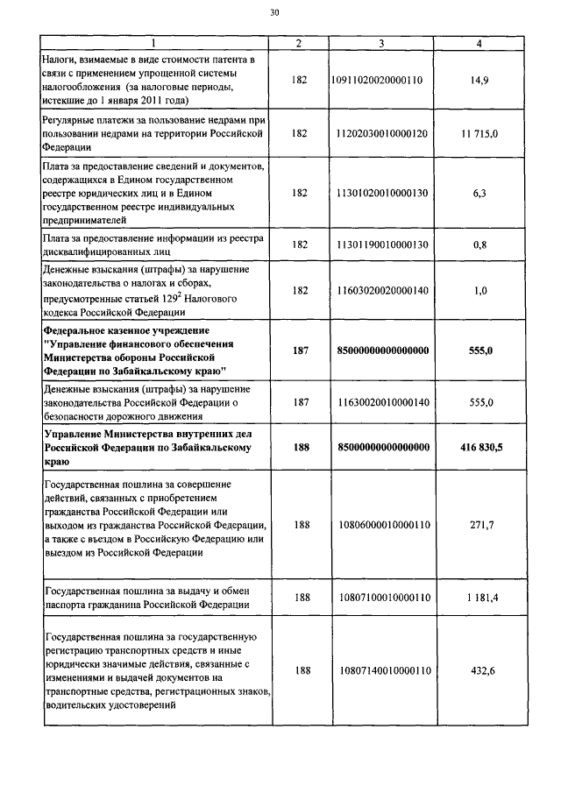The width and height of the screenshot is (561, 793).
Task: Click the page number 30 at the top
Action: click(274, 13)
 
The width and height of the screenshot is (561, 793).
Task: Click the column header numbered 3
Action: click(381, 43)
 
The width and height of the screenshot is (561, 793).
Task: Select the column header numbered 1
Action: click(154, 43)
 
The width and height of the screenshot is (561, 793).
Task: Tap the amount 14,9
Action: click(479, 80)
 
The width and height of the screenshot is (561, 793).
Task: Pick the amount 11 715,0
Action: click(479, 133)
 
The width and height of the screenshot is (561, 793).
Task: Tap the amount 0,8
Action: click(479, 244)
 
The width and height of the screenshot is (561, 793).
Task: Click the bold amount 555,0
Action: click(479, 350)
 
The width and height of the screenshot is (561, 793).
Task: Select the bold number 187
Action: click(301, 350)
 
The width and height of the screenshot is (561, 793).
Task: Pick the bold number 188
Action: click(301, 447)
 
